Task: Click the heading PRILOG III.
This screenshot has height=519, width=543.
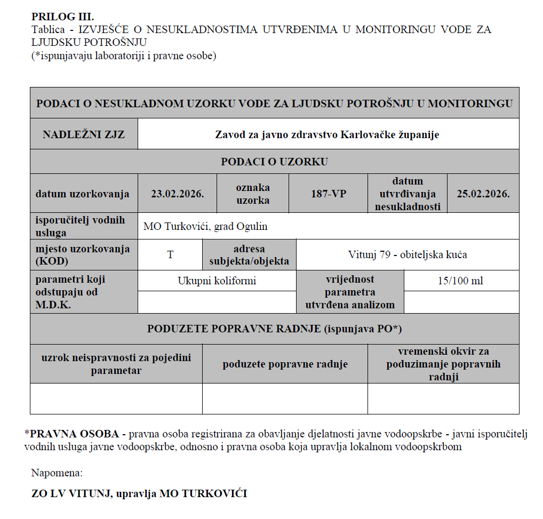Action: click(x=62, y=17)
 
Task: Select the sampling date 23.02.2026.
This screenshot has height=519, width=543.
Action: click(x=177, y=194)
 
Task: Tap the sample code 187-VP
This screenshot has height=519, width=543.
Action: click(x=328, y=194)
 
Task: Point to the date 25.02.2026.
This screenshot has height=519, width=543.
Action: click(x=483, y=194)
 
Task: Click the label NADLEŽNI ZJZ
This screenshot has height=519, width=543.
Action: click(x=84, y=134)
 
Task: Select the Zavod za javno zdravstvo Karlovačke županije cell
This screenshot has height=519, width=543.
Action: click(x=327, y=134)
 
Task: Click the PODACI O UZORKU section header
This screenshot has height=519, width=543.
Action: click(x=274, y=162)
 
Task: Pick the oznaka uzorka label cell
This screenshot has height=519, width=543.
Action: click(x=253, y=194)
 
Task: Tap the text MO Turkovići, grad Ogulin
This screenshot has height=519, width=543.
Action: click(x=205, y=226)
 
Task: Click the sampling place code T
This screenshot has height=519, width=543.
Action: click(x=170, y=254)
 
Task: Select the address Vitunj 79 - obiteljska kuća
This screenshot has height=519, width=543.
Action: click(x=408, y=254)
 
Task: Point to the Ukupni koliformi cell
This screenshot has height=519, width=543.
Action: click(x=217, y=281)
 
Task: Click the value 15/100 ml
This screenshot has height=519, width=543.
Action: click(x=461, y=281)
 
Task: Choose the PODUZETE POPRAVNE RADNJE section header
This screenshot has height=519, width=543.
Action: click(x=274, y=329)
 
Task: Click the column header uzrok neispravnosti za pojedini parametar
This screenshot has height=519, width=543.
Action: click(x=116, y=364)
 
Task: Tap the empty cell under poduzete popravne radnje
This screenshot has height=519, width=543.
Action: click(x=285, y=398)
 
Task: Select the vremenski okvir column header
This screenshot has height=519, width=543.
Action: click(x=443, y=364)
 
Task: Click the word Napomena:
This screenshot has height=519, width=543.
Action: click(x=57, y=473)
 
